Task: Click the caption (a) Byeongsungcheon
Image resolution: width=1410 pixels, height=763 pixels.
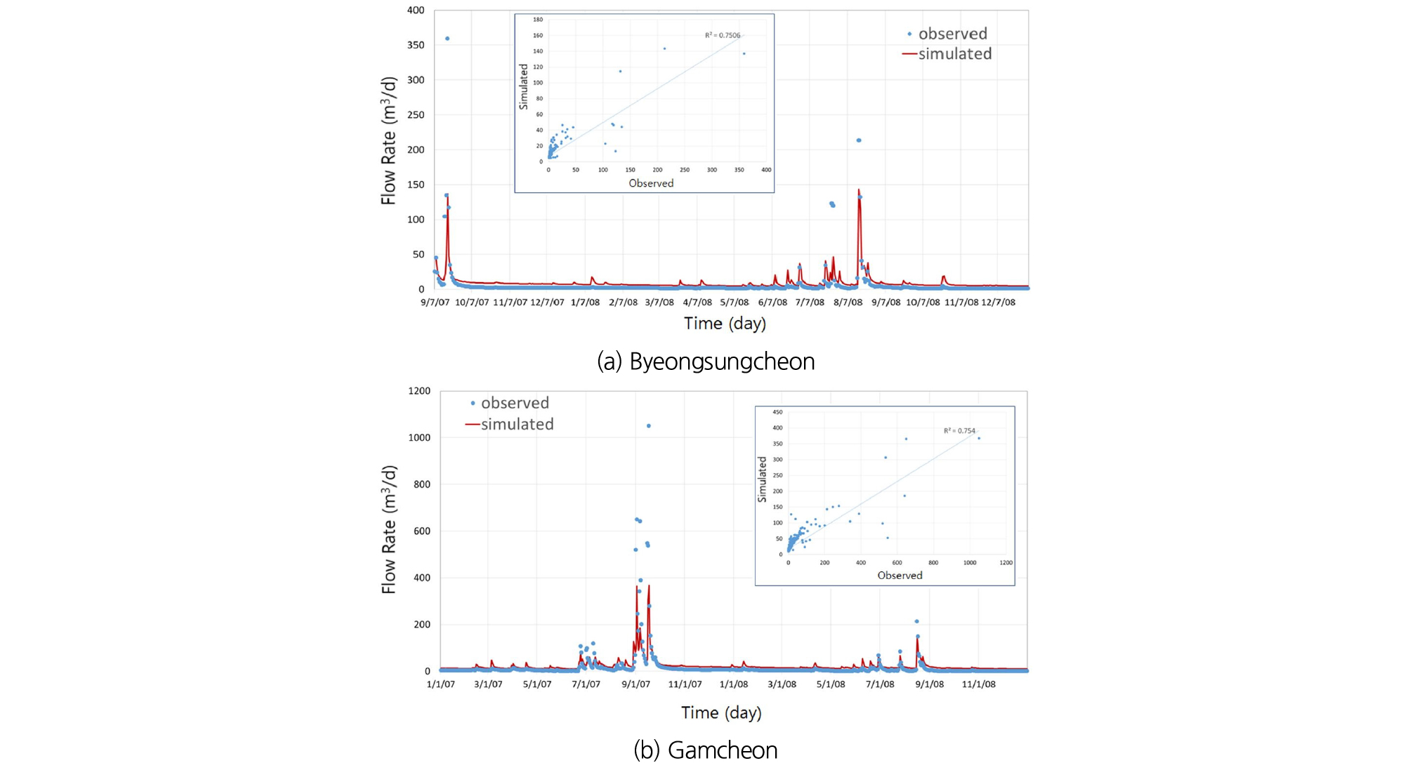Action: (x=706, y=361)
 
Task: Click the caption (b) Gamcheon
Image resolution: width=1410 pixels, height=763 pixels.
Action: (x=706, y=750)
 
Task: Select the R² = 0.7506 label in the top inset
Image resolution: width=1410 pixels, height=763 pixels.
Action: (x=723, y=35)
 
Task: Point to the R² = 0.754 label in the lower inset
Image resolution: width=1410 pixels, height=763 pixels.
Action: (x=959, y=431)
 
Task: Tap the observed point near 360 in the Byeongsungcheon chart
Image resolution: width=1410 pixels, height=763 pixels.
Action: (x=447, y=39)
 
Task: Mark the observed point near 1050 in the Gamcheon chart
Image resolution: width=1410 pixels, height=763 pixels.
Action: (x=648, y=426)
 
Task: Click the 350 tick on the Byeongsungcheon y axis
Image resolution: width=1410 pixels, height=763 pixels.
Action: (x=416, y=45)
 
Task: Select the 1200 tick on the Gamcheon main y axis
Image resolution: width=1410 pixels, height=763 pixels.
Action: (x=419, y=391)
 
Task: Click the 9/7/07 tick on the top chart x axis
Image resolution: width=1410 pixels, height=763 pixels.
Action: (x=435, y=303)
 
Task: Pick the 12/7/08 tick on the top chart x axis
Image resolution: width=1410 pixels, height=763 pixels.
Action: (x=998, y=303)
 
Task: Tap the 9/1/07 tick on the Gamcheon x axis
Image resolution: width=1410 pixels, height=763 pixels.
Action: (x=635, y=684)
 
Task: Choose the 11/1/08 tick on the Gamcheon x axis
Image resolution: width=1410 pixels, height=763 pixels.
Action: (x=978, y=684)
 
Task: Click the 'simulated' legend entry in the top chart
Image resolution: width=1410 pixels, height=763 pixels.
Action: (x=954, y=54)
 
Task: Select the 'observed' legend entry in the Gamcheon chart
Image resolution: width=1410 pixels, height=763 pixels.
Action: (x=514, y=403)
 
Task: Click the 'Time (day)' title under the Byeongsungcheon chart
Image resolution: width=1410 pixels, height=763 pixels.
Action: (x=725, y=324)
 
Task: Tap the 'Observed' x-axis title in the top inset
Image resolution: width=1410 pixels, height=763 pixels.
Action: (x=651, y=183)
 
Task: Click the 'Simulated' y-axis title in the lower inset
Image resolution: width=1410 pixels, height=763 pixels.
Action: (x=762, y=479)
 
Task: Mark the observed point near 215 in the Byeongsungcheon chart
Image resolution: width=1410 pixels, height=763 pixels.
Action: (x=859, y=140)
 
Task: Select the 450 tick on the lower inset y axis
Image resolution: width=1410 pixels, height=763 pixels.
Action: (x=777, y=412)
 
